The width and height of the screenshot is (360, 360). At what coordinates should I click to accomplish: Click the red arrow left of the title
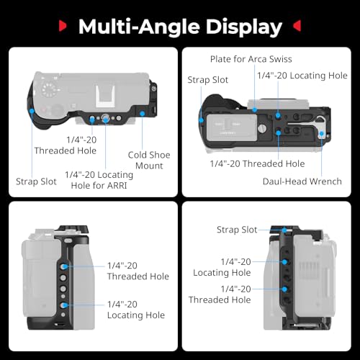tap(63, 26)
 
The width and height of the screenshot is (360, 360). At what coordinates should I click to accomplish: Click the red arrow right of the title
tap(297, 26)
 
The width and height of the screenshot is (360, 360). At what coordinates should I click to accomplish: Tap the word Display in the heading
tap(244, 27)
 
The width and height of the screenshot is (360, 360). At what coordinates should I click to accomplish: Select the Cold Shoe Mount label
tap(149, 160)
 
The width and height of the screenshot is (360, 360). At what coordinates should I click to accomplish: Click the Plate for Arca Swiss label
tap(251, 59)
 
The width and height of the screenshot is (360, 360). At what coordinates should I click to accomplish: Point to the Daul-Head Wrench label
tap(302, 181)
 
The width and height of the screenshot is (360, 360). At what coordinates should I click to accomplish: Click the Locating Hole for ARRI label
tap(99, 180)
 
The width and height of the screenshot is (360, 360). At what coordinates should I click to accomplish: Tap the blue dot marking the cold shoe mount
tap(143, 113)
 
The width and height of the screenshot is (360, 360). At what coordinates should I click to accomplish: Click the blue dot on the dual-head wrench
tap(321, 133)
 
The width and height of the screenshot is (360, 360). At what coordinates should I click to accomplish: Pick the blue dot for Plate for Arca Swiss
tap(255, 110)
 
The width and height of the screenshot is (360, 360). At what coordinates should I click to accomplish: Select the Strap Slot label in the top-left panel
tap(36, 181)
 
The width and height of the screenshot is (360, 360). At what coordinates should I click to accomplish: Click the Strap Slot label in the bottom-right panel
tap(237, 230)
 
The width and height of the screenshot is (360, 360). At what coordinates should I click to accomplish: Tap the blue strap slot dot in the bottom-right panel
tap(284, 230)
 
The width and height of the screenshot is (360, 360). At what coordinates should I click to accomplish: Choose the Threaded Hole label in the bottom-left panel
tap(138, 271)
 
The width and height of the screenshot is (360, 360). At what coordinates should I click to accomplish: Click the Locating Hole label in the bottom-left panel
tap(136, 310)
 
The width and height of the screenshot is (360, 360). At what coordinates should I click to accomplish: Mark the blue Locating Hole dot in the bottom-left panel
tap(65, 305)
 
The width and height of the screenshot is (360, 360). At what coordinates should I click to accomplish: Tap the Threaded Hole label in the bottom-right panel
tap(220, 294)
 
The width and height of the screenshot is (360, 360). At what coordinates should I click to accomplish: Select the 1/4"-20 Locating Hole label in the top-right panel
tap(302, 76)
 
